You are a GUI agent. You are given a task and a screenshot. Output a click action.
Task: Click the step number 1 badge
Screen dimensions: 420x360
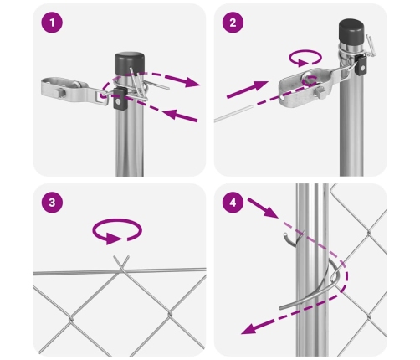click(x=52, y=23)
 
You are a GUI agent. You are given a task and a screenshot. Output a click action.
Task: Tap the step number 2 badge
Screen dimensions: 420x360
click(x=233, y=23)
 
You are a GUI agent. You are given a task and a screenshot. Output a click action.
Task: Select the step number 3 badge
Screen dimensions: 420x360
click(x=52, y=203)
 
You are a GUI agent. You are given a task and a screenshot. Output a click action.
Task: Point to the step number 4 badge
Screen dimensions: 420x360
click(x=233, y=203)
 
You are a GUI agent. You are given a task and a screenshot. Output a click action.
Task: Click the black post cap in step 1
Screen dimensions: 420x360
click(x=130, y=64)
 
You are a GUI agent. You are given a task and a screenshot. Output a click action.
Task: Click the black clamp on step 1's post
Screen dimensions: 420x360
click(x=119, y=99)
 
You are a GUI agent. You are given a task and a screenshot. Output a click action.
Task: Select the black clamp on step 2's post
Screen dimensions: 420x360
click(x=361, y=65)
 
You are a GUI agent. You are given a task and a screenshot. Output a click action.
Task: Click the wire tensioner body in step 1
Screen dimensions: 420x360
click(x=74, y=90)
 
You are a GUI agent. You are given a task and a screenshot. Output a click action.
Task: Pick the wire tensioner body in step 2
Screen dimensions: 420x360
click(x=310, y=87)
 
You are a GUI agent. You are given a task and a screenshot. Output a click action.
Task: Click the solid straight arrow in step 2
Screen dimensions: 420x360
click(x=248, y=90)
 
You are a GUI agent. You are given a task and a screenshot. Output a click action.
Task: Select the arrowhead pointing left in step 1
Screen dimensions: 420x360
click(x=171, y=114)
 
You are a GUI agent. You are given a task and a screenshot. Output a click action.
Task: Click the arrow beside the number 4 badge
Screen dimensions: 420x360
click(x=263, y=208)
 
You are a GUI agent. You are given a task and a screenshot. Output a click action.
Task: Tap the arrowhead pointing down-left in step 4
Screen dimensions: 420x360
click(x=250, y=329)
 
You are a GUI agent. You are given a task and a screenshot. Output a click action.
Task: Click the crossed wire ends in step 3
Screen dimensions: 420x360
click(x=121, y=262)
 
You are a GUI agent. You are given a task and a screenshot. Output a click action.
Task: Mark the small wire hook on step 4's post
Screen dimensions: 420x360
click(x=291, y=240)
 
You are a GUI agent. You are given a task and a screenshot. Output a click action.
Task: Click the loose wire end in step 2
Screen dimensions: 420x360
click(x=233, y=114)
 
